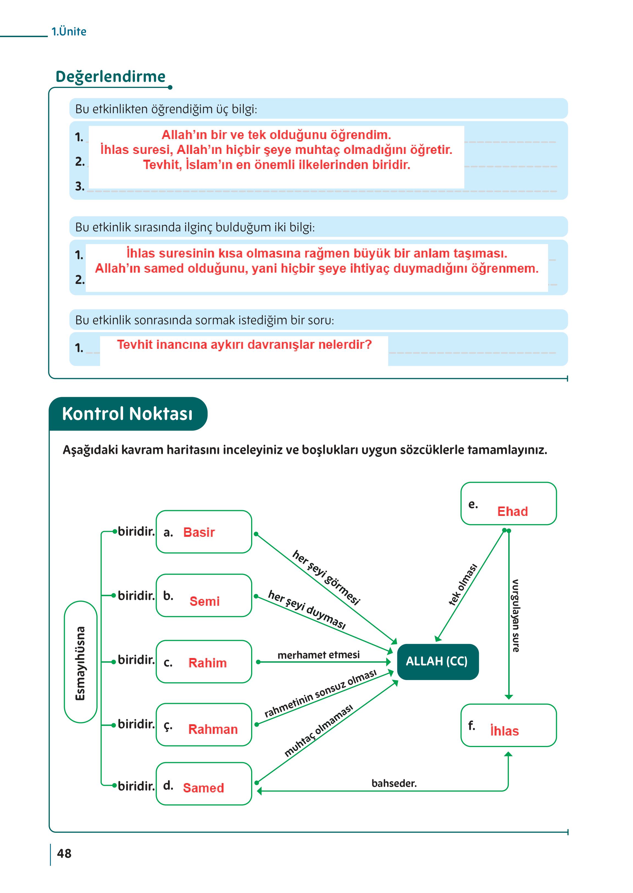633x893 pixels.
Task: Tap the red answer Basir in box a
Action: click(x=199, y=532)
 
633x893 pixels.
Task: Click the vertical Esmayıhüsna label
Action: click(x=80, y=663)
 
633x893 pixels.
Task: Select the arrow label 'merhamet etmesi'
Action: click(x=318, y=655)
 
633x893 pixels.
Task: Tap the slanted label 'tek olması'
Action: click(x=463, y=585)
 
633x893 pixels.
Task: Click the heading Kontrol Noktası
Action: click(x=127, y=414)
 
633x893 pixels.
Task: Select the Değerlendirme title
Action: click(x=111, y=76)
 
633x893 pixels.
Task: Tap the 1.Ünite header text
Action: click(x=69, y=32)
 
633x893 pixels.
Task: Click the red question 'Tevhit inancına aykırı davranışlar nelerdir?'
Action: click(x=245, y=344)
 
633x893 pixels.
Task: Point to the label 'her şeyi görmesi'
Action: click(x=326, y=577)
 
